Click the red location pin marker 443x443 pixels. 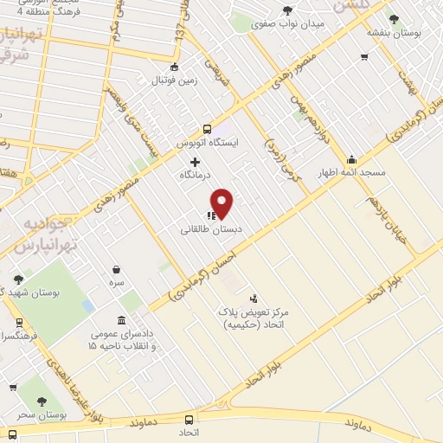click(222, 203)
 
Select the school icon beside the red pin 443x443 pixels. click(210, 215)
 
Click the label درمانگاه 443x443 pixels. click(196, 175)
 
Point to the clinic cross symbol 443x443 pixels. click(195, 161)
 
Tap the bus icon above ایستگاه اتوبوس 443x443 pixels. click(207, 126)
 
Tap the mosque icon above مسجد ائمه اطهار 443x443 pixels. click(351, 159)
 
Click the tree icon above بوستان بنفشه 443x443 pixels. click(395, 19)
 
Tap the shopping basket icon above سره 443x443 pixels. click(116, 269)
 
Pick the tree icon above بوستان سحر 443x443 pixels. click(40, 401)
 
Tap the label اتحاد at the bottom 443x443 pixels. click(189, 431)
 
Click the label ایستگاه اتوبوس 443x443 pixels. click(207, 140)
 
